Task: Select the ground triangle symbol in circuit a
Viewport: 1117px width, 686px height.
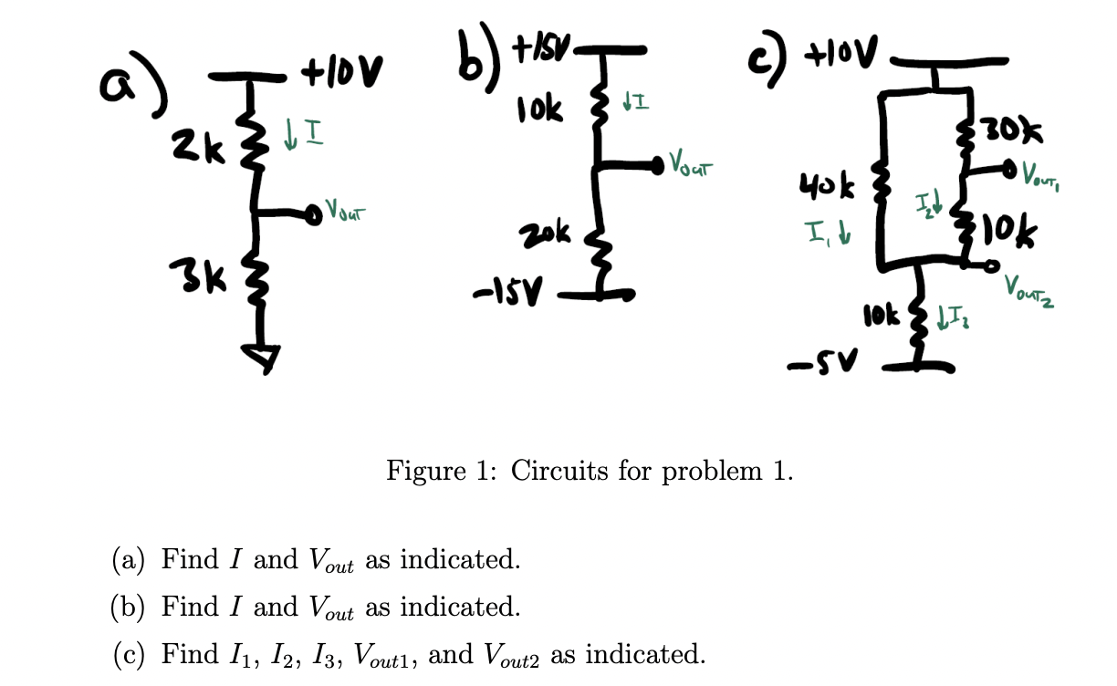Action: (x=260, y=359)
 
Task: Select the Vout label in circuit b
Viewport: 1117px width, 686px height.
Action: (x=690, y=166)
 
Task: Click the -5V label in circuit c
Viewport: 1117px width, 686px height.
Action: (x=810, y=367)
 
